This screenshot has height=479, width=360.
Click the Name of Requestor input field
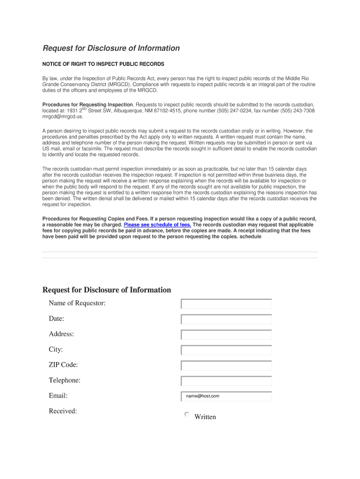[x=226, y=304]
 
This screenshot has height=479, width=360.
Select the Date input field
[x=226, y=319]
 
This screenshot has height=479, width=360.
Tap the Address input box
[x=226, y=335]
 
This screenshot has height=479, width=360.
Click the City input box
[x=226, y=350]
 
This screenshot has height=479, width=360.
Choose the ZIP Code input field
[x=226, y=366]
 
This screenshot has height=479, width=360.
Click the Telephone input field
[x=226, y=381]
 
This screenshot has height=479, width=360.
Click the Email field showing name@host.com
[x=226, y=396]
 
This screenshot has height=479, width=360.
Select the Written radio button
[x=187, y=414]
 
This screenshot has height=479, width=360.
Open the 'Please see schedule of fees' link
[x=157, y=225]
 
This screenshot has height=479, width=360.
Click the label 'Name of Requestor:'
[x=77, y=303]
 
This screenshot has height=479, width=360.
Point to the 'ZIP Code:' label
[x=64, y=365]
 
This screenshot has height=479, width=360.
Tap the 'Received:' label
[x=63, y=411]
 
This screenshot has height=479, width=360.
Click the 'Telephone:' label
[x=65, y=380]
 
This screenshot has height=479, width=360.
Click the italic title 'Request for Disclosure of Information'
[x=111, y=48]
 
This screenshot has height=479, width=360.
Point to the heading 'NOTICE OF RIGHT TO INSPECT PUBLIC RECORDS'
[x=103, y=64]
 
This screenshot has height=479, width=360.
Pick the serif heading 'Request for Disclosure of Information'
[x=107, y=290]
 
